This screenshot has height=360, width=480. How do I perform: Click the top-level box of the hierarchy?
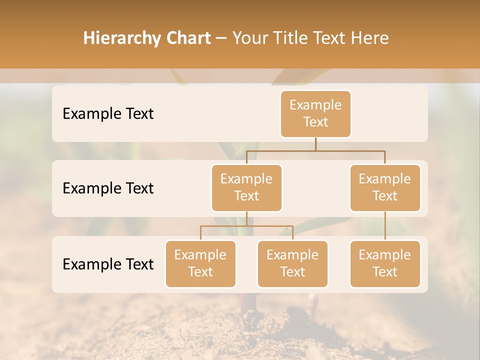point(315,114)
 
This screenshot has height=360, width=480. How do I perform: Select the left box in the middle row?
point(246,188)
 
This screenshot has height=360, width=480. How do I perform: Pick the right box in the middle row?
point(385,188)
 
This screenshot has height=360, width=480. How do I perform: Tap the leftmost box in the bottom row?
point(200,264)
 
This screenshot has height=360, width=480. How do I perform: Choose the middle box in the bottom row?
point(292,264)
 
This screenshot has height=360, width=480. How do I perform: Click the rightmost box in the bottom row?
point(385,264)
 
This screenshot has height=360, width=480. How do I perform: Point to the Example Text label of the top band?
point(108,114)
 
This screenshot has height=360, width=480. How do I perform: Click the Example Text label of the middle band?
point(108,188)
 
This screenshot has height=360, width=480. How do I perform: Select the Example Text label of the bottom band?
point(108,264)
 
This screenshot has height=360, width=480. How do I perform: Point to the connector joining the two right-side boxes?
point(385,226)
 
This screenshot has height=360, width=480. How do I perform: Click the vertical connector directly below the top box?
point(315,144)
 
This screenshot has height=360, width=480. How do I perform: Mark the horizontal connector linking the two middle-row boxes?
point(315,150)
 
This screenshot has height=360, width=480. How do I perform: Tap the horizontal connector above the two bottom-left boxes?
point(246,226)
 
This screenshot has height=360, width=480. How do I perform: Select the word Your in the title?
point(249,38)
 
